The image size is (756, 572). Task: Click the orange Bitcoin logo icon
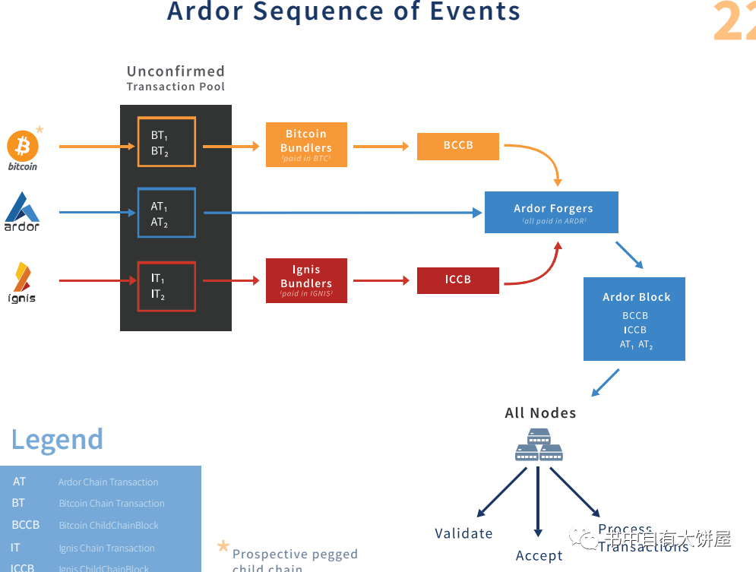tap(23, 145)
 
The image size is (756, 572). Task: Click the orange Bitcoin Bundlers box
tap(306, 144)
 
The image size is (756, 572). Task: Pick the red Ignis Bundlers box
tap(306, 280)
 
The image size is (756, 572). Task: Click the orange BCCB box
tap(458, 146)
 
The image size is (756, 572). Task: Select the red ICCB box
tap(458, 280)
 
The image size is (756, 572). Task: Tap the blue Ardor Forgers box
tap(552, 212)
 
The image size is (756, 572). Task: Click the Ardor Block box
tap(634, 318)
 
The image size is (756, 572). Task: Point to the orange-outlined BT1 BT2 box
tap(166, 142)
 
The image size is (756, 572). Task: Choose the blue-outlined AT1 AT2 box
tap(166, 213)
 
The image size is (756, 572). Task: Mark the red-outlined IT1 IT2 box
tap(166, 286)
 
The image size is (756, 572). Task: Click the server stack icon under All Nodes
tap(539, 445)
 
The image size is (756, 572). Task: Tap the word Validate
tap(463, 533)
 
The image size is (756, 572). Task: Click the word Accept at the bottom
tap(539, 556)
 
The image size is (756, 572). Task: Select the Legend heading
tap(57, 440)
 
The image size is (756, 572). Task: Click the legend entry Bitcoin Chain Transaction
tap(112, 504)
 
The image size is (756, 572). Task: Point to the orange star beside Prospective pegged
tap(223, 546)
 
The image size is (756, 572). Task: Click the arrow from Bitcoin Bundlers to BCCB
tap(381, 146)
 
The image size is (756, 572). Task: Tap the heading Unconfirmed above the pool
tap(176, 71)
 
